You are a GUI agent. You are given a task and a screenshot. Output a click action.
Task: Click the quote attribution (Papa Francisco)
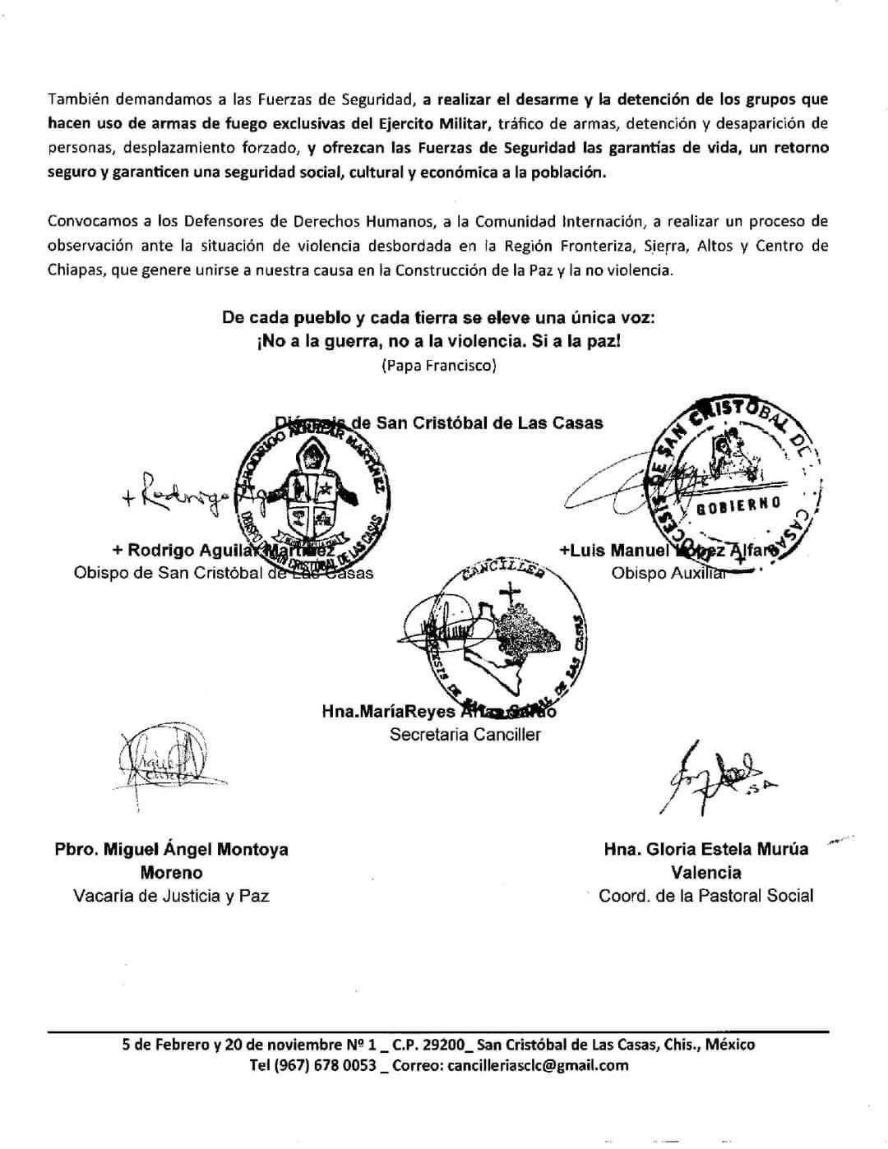tap(438, 366)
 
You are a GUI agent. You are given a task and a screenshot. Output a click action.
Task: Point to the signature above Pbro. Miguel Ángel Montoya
tap(161, 761)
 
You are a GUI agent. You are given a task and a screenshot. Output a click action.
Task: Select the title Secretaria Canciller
tap(465, 734)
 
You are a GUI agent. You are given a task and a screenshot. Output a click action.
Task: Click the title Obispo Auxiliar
tap(668, 573)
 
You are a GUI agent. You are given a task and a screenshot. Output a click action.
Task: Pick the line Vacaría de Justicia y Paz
tap(171, 896)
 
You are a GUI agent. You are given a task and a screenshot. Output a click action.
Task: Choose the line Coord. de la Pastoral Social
tap(705, 896)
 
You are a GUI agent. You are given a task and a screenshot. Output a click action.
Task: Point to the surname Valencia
tap(705, 872)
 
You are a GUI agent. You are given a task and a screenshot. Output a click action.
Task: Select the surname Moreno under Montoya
tap(171, 872)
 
